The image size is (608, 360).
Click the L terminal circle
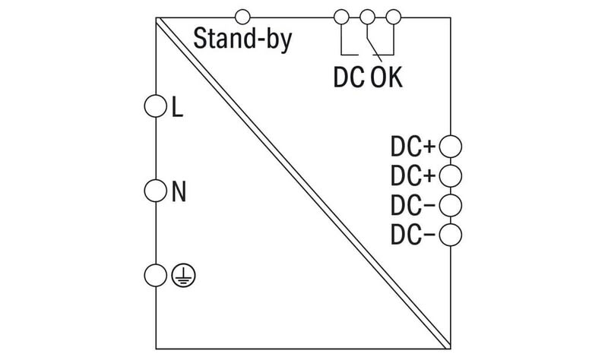(x=155, y=106)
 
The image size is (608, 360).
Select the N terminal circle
(x=155, y=189)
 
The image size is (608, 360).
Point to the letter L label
(x=178, y=108)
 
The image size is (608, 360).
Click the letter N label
(x=179, y=191)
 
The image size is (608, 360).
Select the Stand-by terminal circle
(x=243, y=15)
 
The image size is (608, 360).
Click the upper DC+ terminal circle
(x=451, y=144)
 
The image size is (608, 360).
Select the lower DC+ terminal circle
(x=451, y=174)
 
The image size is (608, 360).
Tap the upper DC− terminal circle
(x=451, y=204)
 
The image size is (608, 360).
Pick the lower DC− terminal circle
(x=451, y=234)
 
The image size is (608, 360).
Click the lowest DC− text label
(x=413, y=235)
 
